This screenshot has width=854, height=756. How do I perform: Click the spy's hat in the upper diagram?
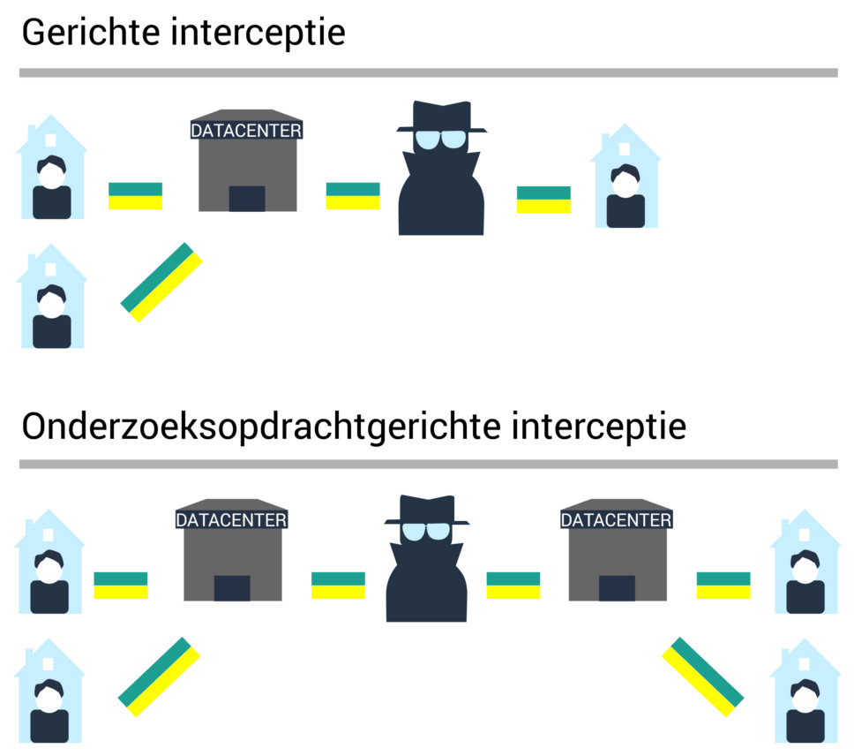click(441, 118)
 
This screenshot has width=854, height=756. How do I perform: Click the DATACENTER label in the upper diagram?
click(246, 130)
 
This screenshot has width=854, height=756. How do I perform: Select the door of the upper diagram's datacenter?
click(246, 199)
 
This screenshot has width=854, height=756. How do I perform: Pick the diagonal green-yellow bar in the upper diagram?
click(161, 283)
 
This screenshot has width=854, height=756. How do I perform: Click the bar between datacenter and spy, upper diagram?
click(353, 196)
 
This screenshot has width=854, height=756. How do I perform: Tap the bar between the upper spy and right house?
click(543, 200)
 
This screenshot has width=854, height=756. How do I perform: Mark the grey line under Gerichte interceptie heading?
click(428, 72)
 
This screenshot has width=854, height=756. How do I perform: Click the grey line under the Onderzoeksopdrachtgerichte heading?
click(428, 464)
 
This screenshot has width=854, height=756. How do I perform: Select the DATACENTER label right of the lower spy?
click(616, 520)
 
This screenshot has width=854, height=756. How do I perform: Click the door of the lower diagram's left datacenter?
click(232, 588)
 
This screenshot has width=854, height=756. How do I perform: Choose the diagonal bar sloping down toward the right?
click(703, 676)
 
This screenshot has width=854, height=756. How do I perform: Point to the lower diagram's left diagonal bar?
click(159, 676)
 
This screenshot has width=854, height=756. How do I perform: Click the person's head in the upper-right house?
click(626, 182)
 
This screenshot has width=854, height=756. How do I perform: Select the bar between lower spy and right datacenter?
click(513, 586)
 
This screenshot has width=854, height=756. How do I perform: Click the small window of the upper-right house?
click(625, 148)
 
